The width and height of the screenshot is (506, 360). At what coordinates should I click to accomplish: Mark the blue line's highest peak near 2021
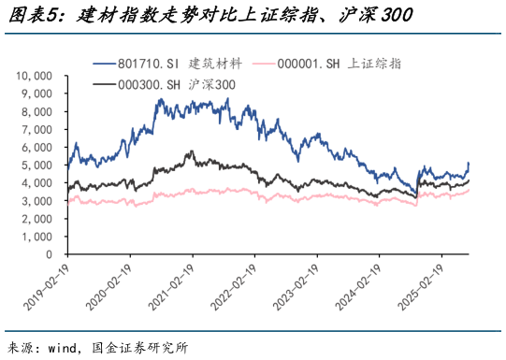(227, 98)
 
